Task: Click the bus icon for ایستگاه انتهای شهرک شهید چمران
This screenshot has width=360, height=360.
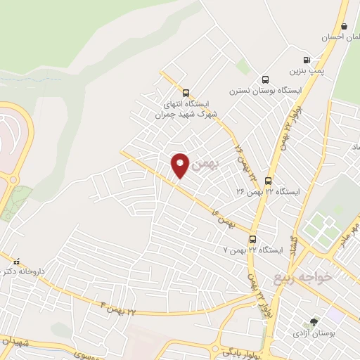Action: click(x=186, y=93)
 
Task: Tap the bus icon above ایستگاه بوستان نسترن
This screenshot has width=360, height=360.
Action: click(x=265, y=79)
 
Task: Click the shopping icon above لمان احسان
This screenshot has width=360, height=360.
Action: click(x=345, y=25)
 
